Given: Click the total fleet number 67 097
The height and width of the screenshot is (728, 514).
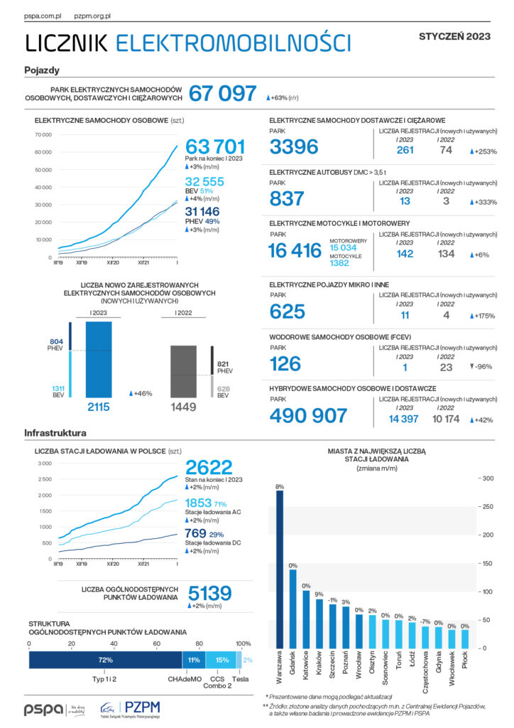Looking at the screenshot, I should (x=222, y=93).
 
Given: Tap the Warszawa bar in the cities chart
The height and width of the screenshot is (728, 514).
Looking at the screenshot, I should (x=279, y=569).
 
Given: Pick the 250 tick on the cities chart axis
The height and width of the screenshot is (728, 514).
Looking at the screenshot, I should (x=488, y=507).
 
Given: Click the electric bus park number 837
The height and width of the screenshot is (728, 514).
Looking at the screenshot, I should (x=287, y=198).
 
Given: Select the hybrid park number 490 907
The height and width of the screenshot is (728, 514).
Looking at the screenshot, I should (x=308, y=416).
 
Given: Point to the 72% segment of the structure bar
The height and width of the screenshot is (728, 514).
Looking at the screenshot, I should (x=105, y=660).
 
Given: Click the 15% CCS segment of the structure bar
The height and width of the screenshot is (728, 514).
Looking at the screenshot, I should (x=222, y=660).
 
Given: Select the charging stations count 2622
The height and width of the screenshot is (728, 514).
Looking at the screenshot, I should (x=209, y=467).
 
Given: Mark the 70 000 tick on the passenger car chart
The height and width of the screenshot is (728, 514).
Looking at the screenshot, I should (x=43, y=135).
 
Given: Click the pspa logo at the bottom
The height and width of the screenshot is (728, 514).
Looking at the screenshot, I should (x=44, y=710).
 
